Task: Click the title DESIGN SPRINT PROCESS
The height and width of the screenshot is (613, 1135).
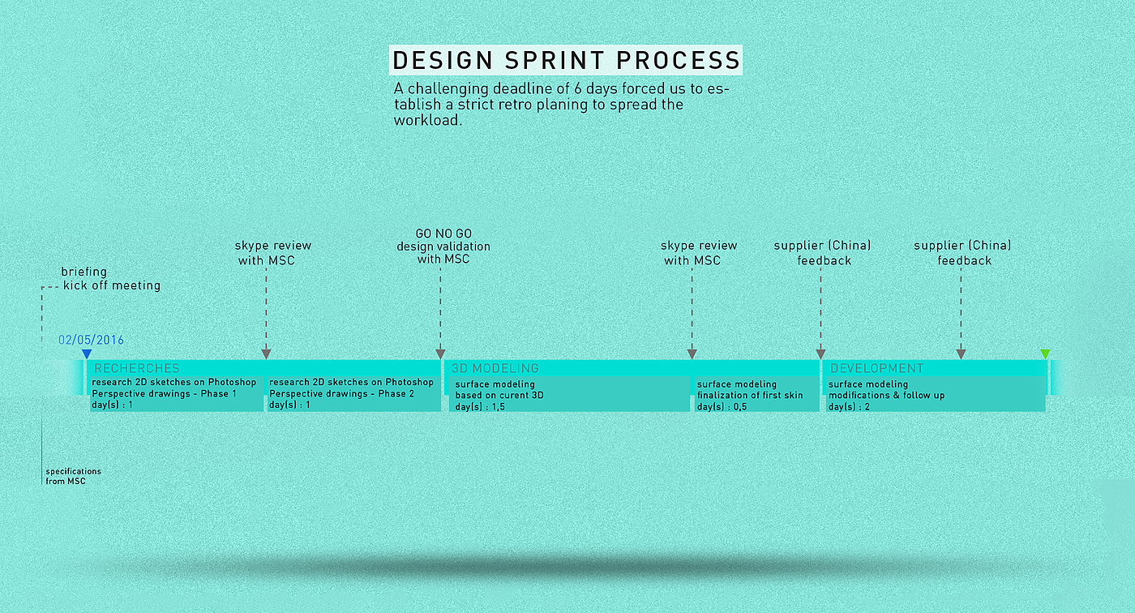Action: (x=566, y=60)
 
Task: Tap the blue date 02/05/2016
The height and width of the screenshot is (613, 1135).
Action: (x=91, y=340)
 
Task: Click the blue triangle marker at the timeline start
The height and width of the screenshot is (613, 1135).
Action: (x=87, y=354)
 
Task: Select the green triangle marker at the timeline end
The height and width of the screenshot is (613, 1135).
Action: (x=1045, y=354)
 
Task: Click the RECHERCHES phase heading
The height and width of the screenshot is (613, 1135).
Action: (x=137, y=368)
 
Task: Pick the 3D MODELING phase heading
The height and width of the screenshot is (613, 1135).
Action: (x=495, y=368)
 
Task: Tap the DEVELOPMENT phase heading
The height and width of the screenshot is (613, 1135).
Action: (x=876, y=368)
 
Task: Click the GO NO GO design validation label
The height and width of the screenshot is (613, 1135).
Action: (x=443, y=246)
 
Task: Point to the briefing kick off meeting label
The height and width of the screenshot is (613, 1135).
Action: (x=111, y=279)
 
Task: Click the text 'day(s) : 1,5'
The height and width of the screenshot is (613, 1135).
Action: (x=480, y=407)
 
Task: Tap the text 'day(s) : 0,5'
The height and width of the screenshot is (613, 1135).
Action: (x=722, y=407)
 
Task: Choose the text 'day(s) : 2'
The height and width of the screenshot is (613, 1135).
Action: (x=849, y=407)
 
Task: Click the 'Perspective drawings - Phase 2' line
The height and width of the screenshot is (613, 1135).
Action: (x=341, y=393)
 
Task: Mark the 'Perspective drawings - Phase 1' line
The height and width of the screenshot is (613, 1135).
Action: (x=164, y=393)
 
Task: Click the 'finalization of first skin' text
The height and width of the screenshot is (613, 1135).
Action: (x=750, y=396)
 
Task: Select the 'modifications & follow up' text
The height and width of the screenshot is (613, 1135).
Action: (x=887, y=396)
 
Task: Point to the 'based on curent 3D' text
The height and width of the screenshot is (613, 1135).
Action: (x=499, y=396)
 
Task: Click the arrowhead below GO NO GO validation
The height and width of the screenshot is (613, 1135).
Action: (x=440, y=354)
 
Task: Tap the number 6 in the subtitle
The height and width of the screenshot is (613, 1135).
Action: (x=577, y=88)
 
